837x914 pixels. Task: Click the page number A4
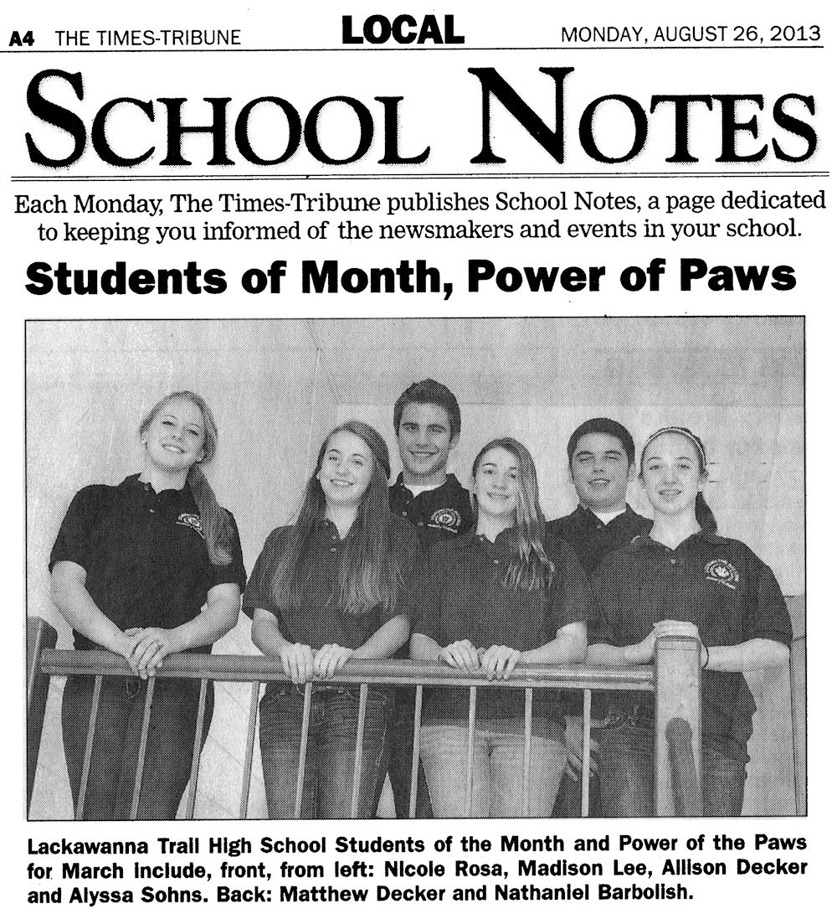pos(21,39)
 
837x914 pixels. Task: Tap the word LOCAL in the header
pos(403,32)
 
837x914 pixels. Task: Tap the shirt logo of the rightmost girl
pos(721,572)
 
